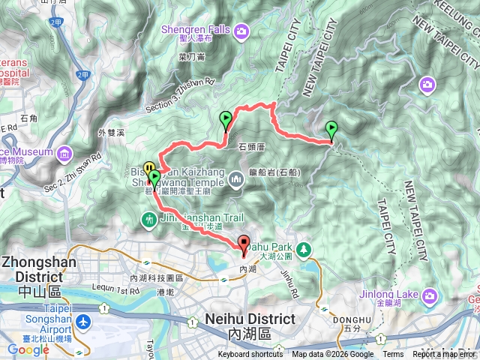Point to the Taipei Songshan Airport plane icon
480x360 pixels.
82,322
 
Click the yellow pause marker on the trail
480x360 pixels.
149,168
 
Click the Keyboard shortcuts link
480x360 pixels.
250,355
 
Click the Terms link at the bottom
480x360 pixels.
393,355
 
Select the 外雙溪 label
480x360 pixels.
112,133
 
